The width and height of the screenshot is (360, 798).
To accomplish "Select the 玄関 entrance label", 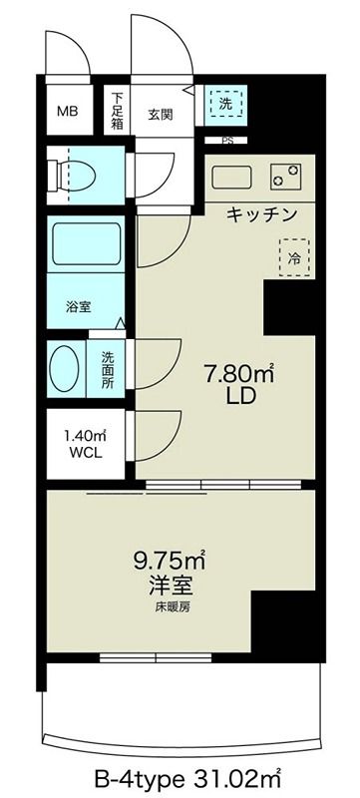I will click(160, 114).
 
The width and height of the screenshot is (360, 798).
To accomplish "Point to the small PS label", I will click(228, 141).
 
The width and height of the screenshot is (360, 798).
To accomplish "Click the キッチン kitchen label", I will click(260, 213).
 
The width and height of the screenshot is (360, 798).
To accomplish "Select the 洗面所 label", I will click(107, 368).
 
